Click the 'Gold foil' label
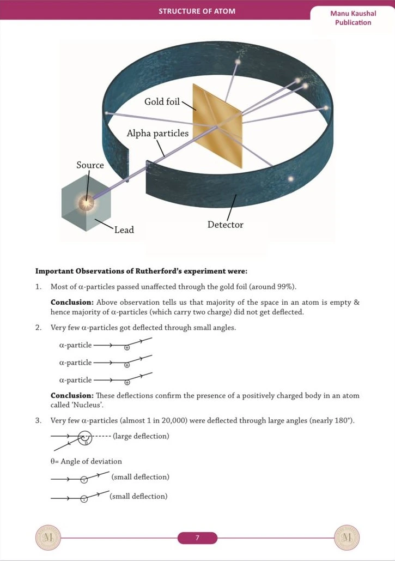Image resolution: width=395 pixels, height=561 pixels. (x=162, y=101)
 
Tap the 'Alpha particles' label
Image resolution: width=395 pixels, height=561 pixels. (x=157, y=133)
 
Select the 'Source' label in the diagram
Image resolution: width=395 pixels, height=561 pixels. (x=90, y=165)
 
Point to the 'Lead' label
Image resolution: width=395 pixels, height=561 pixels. (x=124, y=230)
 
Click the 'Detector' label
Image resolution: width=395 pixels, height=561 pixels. (x=225, y=224)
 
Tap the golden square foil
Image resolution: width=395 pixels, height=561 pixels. (x=218, y=125)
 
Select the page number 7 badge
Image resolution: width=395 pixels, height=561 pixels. (x=197, y=538)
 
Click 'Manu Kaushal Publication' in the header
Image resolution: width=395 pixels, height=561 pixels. (x=353, y=18)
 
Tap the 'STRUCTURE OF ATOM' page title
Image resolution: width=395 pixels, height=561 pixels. (x=197, y=11)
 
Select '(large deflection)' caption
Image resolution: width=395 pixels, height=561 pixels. (x=141, y=436)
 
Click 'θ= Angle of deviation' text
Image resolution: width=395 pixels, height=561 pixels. (x=86, y=461)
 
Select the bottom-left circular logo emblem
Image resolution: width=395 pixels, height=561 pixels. (x=46, y=538)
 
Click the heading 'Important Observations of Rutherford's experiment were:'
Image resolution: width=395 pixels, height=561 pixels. (x=141, y=271)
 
